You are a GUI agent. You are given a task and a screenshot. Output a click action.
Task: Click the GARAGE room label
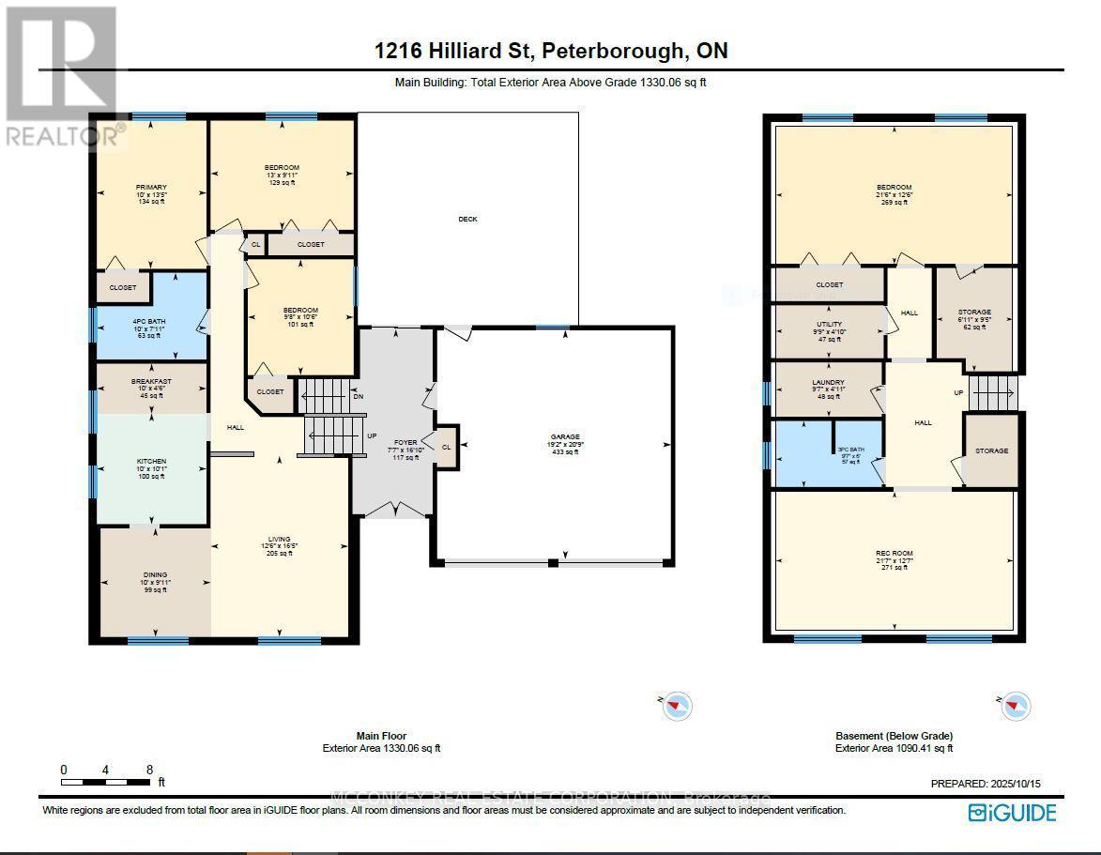[x=565, y=436]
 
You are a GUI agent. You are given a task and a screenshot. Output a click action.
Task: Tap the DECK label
[x=467, y=219]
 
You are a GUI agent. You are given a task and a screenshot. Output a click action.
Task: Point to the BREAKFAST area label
[x=150, y=382]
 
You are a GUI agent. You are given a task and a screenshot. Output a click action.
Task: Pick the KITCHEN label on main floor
[x=150, y=462]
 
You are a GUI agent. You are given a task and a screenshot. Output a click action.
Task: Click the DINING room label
[x=155, y=574]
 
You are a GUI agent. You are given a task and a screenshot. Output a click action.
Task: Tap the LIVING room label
[x=279, y=540]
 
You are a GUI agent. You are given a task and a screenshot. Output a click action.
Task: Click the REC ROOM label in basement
[x=894, y=554]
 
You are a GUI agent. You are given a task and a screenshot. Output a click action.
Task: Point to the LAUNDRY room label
[x=828, y=383]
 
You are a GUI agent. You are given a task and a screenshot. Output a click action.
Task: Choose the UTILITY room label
[x=829, y=324]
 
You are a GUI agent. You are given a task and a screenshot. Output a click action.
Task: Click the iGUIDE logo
[x=1012, y=813]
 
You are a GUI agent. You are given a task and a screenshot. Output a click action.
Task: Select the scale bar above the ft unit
[x=106, y=781]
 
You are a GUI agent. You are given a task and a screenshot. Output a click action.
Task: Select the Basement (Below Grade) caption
[x=894, y=736]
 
